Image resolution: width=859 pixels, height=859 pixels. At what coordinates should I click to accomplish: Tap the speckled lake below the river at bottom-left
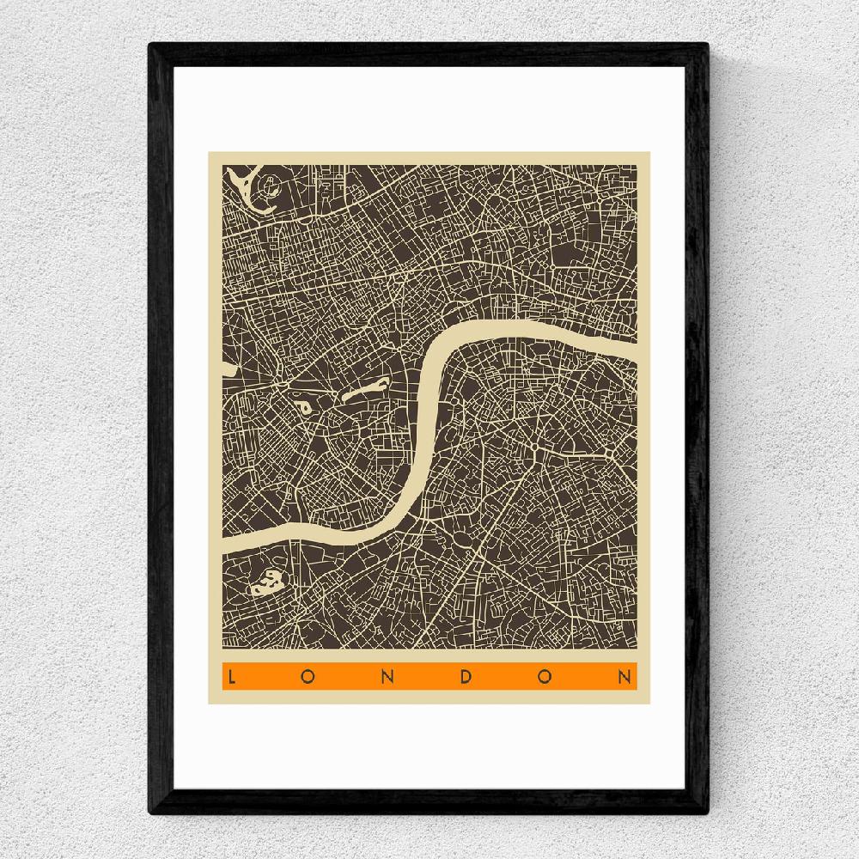tap(269, 583)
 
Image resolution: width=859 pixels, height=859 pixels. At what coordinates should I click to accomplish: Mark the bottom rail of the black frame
tap(429, 804)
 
